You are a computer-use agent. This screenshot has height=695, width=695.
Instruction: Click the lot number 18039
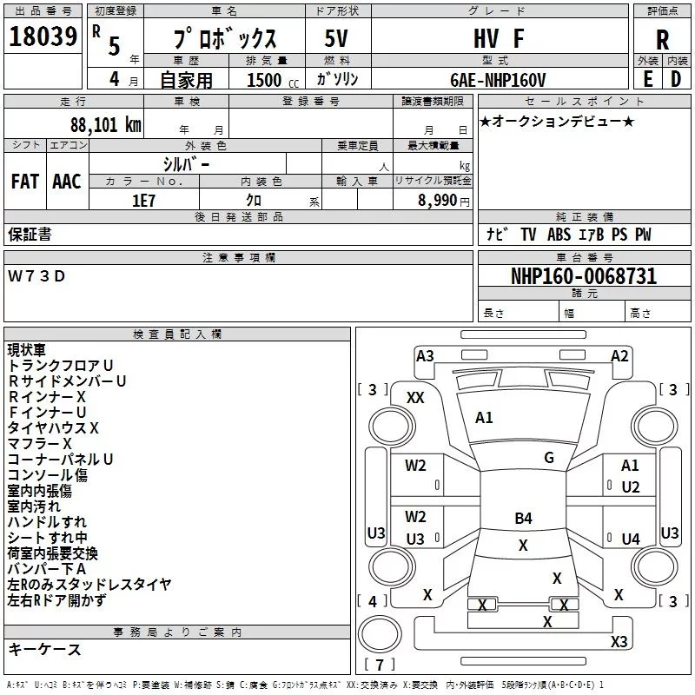[x=43, y=36]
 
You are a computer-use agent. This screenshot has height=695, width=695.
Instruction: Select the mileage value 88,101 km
[x=105, y=124]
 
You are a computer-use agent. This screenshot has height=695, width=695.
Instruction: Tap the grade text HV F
[x=499, y=38]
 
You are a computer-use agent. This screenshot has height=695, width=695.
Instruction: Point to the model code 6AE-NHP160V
[x=498, y=80]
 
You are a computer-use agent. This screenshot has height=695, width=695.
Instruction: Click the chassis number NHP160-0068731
[x=584, y=276]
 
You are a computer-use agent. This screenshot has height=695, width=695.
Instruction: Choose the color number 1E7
[x=143, y=201]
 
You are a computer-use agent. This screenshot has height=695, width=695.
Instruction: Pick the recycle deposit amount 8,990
[x=437, y=201]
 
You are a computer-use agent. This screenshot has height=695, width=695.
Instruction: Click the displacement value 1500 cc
[x=273, y=80]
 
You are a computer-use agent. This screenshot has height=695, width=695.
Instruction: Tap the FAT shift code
[x=25, y=182]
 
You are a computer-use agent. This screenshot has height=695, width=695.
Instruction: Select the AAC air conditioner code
[x=67, y=182]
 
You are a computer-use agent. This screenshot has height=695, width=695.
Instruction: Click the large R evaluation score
[x=662, y=40]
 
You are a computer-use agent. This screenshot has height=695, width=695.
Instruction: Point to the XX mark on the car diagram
[x=415, y=398]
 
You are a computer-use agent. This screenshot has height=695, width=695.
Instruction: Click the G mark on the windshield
[x=549, y=458]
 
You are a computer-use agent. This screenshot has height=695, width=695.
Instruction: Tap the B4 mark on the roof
[x=523, y=518]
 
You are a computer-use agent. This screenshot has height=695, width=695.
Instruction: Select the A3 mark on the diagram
[x=425, y=356]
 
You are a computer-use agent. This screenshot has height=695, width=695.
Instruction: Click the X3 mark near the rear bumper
[x=619, y=641]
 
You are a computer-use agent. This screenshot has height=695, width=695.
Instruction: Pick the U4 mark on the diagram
[x=631, y=539]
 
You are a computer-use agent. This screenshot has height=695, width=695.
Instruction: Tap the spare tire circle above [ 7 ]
[x=380, y=633]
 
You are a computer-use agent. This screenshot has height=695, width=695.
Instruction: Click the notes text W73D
[x=36, y=276]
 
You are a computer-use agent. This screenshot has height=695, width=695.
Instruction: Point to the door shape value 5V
[x=336, y=38]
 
